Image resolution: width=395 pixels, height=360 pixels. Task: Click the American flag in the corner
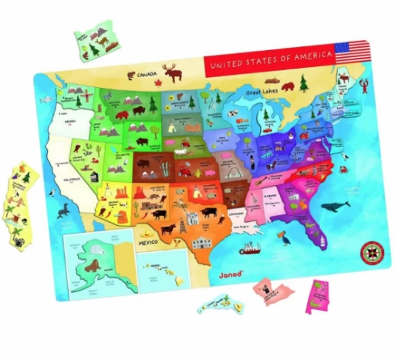353,52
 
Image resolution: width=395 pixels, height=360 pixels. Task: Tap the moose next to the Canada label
174,74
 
